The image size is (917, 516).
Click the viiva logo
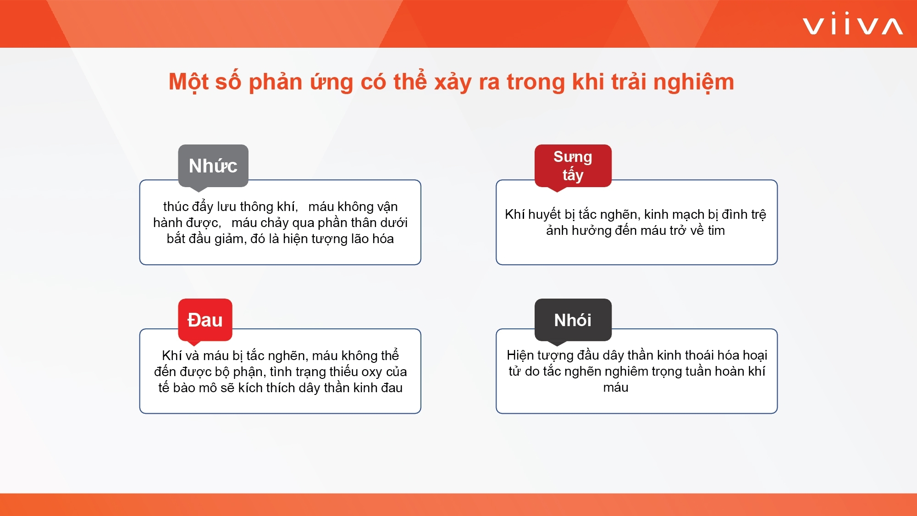tap(853, 24)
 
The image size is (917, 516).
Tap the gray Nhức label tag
tap(213, 166)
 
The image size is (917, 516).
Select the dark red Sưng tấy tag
tap(573, 166)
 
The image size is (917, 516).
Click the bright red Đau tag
tap(205, 320)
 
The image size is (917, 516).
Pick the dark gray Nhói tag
tap(573, 320)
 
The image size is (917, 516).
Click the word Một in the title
tap(188, 82)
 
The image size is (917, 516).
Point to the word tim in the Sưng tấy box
tap(716, 230)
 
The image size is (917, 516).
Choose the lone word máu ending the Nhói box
tap(616, 388)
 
